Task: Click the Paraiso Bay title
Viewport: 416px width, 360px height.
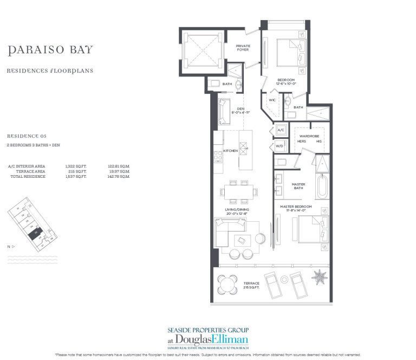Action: click(50, 50)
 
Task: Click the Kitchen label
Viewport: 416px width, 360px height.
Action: click(230, 150)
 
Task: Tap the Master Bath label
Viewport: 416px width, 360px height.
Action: click(298, 187)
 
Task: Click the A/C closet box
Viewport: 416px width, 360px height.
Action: click(281, 130)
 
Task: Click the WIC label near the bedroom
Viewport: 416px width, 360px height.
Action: click(272, 100)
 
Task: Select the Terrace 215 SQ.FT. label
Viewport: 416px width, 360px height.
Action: click(252, 286)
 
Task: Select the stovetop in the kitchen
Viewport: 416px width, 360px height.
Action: click(218, 157)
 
